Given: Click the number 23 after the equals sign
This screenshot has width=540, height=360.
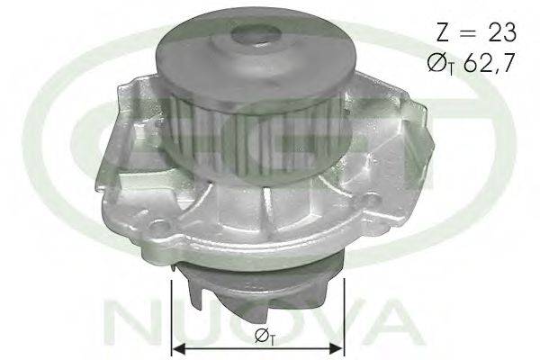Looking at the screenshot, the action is coord(502,32).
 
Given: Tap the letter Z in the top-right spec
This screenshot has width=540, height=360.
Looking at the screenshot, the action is coord(443,32).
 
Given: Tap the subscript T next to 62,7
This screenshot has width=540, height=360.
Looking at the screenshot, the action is coord(451,69).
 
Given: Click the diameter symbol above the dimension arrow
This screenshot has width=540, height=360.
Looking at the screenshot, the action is coord(261,335).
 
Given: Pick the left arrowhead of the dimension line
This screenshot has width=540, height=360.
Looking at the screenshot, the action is coord(179,349).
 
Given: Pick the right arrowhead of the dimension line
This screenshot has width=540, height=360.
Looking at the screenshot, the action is coord(336,349).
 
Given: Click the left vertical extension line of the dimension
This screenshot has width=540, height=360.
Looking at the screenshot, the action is coord(172,318).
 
